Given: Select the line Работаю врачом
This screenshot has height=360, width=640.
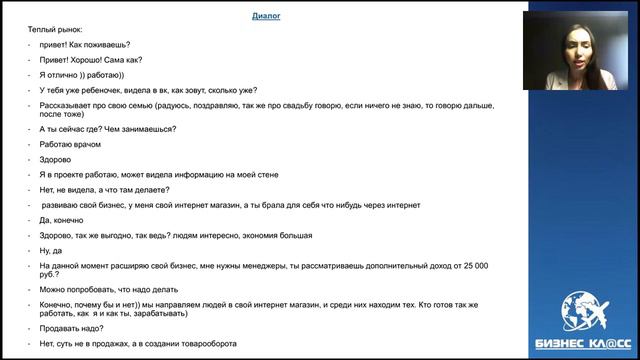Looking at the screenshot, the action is coord(69,145).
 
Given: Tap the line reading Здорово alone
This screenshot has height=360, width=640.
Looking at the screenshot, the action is coord(56,159).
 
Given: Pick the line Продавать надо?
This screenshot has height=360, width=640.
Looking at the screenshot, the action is coord(72,326).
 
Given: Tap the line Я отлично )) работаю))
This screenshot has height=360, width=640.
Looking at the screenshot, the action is coord(81,74).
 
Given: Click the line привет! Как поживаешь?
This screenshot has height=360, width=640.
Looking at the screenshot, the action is coord(86,44).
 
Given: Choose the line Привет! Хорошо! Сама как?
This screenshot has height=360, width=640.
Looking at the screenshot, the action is coord(91,59).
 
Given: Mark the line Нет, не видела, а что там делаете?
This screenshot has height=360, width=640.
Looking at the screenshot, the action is coord(104,190).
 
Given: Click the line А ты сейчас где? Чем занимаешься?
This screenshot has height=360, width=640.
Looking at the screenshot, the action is coord(108,129).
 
